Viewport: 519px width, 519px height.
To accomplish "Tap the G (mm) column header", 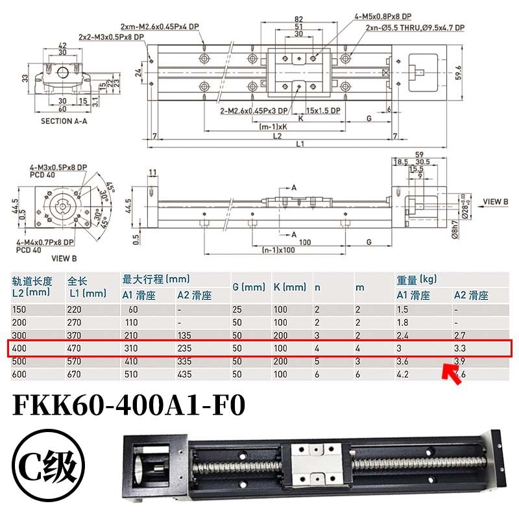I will coord(249,287).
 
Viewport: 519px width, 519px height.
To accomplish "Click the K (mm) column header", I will coord(290,287).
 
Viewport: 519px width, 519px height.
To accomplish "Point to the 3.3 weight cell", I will coord(460,348).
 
